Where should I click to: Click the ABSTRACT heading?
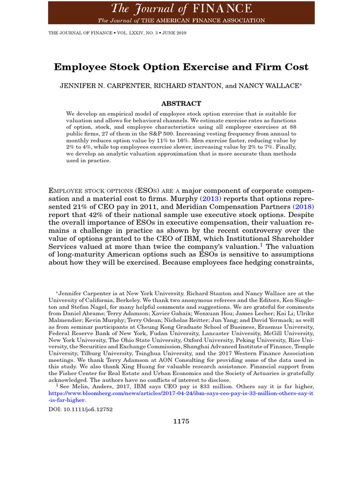point(181,104)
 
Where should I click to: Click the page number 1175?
point(181,421)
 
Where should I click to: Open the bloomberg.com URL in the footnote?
point(181,394)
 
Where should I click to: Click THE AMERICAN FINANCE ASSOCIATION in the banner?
point(191,20)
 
